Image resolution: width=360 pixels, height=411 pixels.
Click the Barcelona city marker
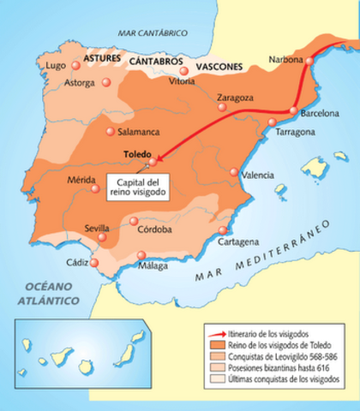click(292, 110)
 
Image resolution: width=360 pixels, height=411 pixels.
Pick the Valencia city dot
click(234, 172)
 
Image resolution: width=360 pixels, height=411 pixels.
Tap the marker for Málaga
click(140, 254)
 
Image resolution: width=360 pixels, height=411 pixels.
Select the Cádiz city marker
click(94, 262)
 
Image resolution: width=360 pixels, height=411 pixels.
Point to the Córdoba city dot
click(134, 221)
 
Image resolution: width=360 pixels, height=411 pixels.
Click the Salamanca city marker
click(110, 131)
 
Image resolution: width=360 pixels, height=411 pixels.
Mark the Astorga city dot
click(106, 82)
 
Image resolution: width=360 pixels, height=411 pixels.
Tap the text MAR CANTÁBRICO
click(153, 32)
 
